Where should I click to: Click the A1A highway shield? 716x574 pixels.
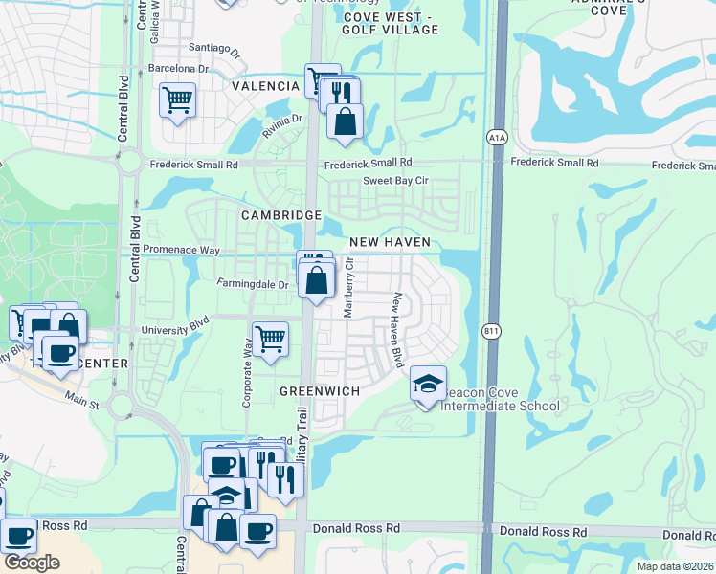point(496,138)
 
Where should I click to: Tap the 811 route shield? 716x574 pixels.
point(489,331)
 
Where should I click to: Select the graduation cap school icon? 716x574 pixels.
point(428,385)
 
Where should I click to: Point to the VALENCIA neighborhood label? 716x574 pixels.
point(265,86)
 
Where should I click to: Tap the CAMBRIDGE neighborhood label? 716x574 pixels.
point(280,215)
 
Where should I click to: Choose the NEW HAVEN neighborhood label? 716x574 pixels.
point(390,243)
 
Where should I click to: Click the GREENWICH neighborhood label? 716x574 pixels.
point(320,392)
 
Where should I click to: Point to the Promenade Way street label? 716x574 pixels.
point(182,250)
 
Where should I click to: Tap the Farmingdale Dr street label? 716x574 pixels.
point(253,284)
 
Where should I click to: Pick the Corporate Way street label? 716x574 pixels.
point(247,378)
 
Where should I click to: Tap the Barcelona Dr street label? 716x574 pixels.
point(178,69)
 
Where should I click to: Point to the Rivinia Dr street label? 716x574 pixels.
point(282,125)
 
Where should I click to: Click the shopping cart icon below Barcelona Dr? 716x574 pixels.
point(178,99)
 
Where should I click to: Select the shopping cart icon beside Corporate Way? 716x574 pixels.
point(270,338)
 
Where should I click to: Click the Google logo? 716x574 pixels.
point(32,563)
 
